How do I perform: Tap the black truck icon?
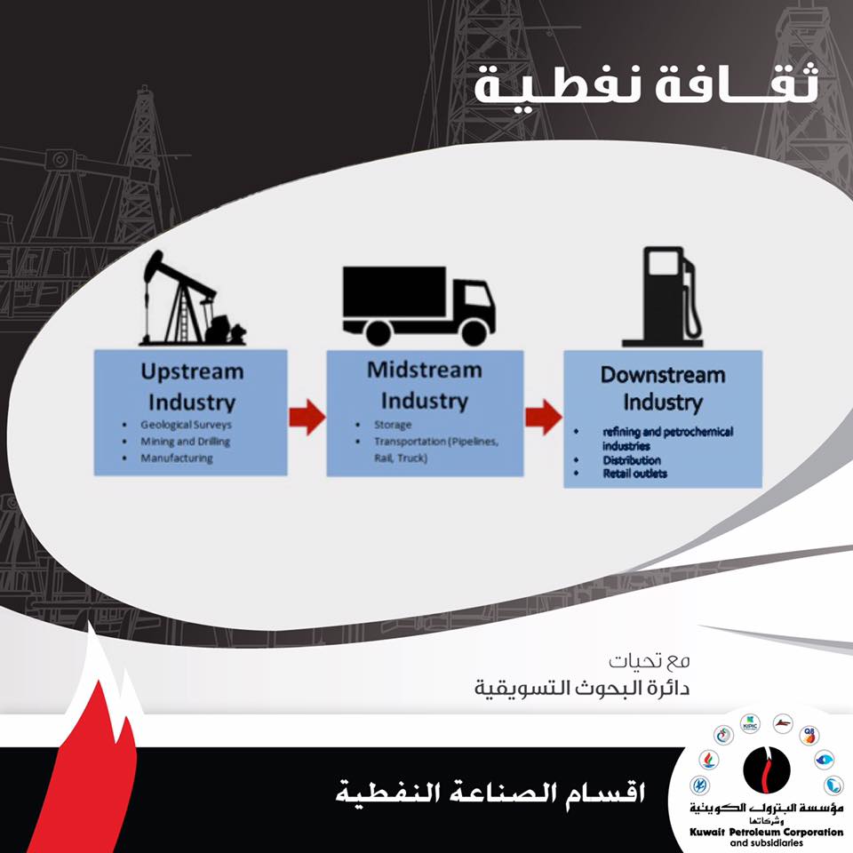click(419, 306)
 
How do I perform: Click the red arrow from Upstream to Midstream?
click(307, 418)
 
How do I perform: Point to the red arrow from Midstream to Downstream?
click(543, 418)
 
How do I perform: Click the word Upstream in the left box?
click(192, 371)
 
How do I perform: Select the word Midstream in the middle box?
click(425, 370)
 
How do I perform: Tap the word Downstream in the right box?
click(663, 375)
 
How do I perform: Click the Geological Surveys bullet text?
click(186, 425)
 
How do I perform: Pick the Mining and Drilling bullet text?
click(185, 442)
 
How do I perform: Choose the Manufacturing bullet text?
click(177, 458)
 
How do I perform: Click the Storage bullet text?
click(392, 425)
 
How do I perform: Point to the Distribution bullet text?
click(632, 460)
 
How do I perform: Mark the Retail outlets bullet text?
click(634, 474)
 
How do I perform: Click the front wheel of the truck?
click(474, 331)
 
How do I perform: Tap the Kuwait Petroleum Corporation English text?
click(766, 832)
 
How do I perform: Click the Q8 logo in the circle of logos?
click(809, 736)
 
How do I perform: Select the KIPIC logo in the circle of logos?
click(750, 725)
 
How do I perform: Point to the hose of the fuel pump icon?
click(693, 305)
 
